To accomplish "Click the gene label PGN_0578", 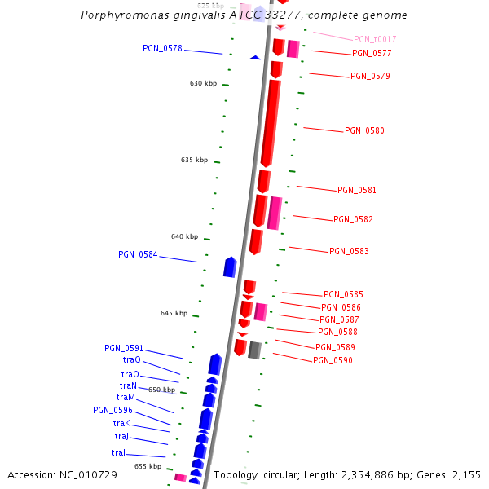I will click(x=162, y=48).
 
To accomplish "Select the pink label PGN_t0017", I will click(x=375, y=39).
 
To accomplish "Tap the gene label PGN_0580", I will click(x=364, y=130).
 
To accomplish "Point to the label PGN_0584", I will click(x=138, y=254).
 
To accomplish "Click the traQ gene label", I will click(x=132, y=359).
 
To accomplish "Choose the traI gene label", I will click(x=119, y=452).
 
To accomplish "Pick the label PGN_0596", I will click(x=112, y=410).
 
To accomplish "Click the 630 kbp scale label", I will click(x=203, y=83).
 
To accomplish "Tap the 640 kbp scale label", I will click(x=184, y=236).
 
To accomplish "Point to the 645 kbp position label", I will click(x=174, y=313).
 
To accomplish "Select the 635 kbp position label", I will click(x=194, y=160).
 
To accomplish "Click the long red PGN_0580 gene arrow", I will click(x=270, y=122).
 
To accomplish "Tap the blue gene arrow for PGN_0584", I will click(x=230, y=267).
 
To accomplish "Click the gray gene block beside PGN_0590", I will click(x=254, y=350).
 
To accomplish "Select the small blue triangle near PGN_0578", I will click(x=255, y=57).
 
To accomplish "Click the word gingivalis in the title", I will click(x=182, y=15).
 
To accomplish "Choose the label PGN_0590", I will click(x=333, y=360).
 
